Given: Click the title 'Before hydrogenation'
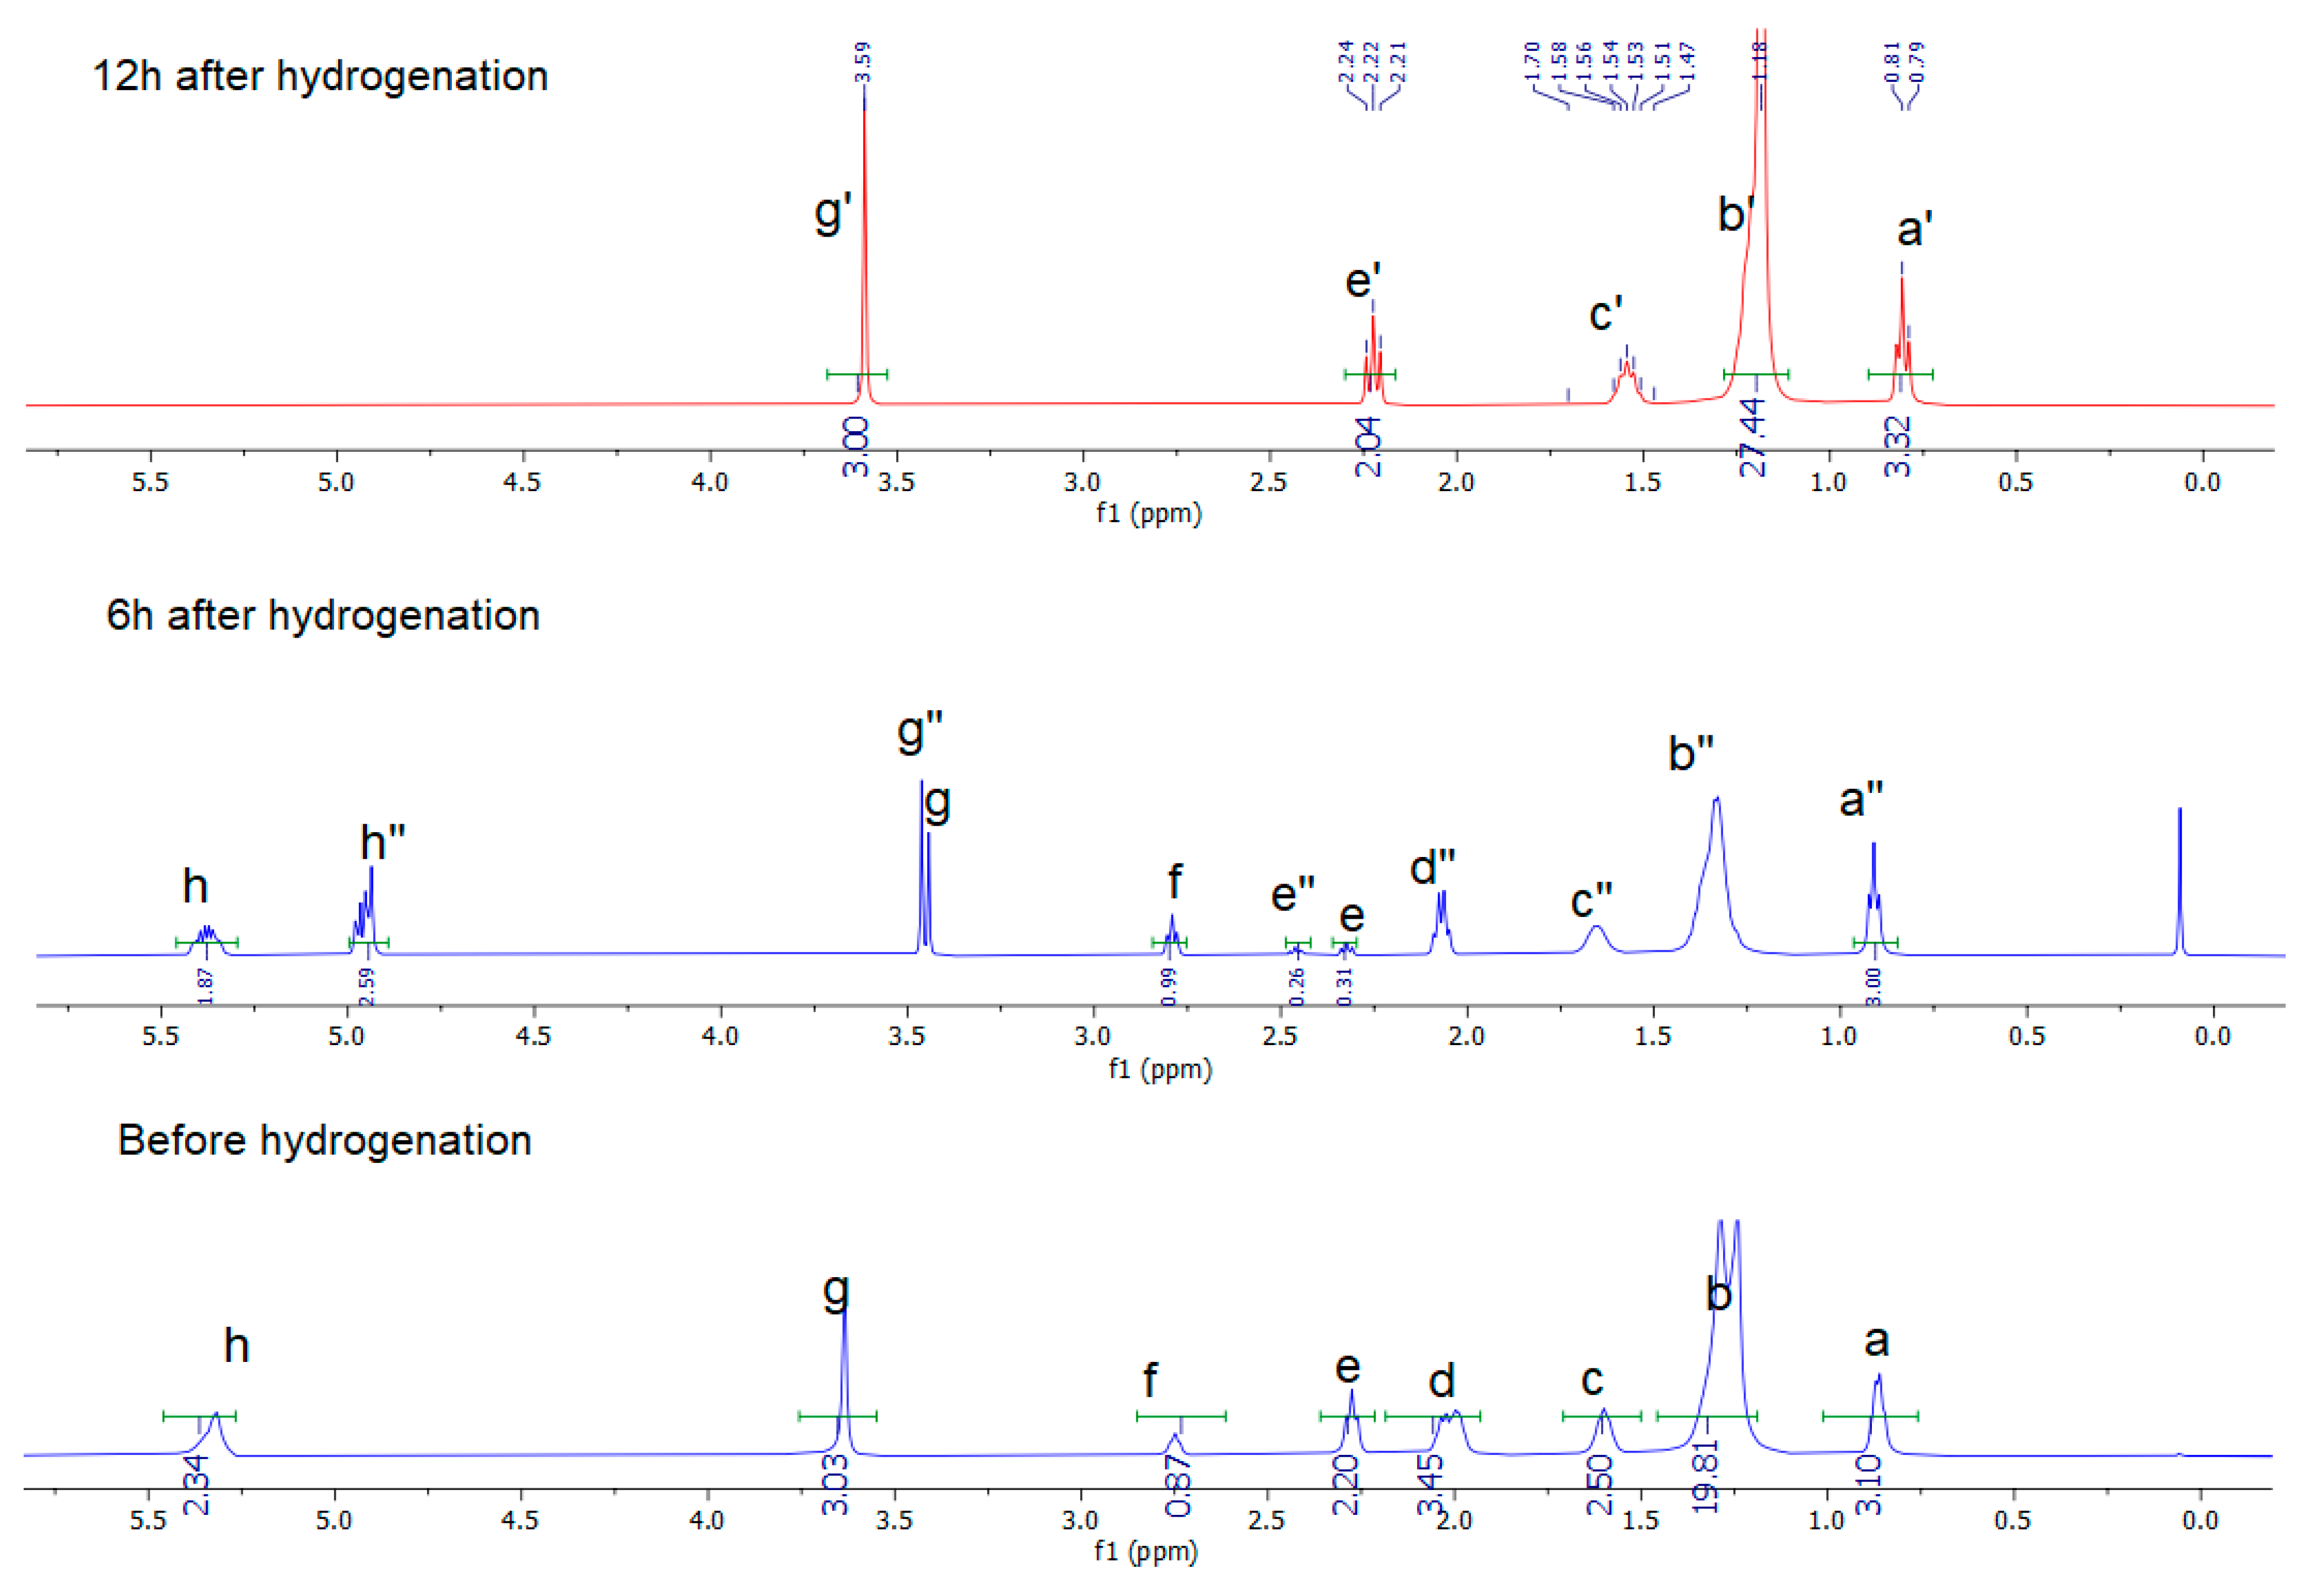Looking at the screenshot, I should coord(324,1140).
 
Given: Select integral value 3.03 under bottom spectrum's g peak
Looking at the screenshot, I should coord(835,1484).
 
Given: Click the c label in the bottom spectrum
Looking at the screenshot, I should coord(1591,1379).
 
